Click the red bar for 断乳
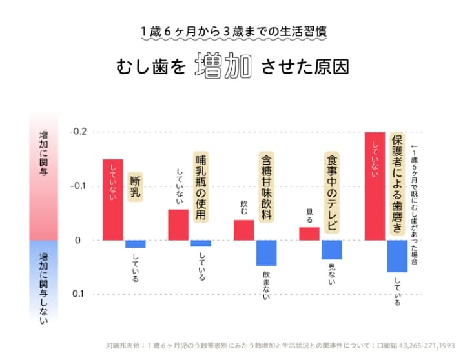[113, 199]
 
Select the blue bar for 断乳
[135, 244]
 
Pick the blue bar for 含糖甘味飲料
[266, 253]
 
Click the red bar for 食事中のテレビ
[309, 234]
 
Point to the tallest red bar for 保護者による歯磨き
[375, 186]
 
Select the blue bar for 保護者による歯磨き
[397, 256]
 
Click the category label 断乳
[136, 186]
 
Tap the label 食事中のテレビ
[332, 191]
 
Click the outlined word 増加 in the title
[223, 68]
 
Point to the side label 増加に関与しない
[43, 283]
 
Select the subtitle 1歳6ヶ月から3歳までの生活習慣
[231, 31]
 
